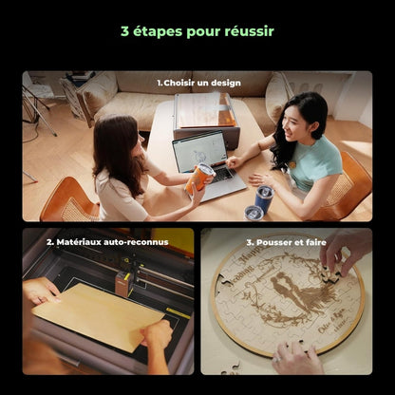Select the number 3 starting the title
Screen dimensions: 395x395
[125, 31]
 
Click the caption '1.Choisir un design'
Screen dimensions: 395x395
[197, 84]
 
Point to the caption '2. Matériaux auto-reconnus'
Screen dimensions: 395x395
[107, 242]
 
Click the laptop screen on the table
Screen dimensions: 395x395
[200, 151]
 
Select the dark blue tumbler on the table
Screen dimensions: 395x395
[263, 197]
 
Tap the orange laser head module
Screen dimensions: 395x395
[122, 283]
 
